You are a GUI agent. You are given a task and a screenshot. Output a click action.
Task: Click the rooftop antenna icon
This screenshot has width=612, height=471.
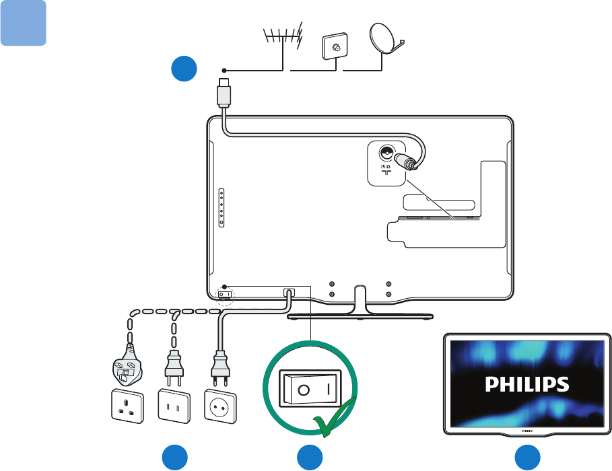coord(282,39)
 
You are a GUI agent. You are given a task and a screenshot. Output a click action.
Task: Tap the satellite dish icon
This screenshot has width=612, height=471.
coord(386,41)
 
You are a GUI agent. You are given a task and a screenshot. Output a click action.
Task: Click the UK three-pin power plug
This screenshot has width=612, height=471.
coord(127,369)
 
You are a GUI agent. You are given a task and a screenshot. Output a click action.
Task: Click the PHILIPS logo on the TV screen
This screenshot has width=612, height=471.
coord(528,384)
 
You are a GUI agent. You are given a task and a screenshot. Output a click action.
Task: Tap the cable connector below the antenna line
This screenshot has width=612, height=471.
coord(224,95)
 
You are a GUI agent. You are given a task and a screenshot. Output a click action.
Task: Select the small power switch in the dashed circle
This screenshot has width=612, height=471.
coord(225,294)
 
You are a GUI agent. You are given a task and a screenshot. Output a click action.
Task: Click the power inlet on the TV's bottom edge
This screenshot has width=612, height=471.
coord(289,293)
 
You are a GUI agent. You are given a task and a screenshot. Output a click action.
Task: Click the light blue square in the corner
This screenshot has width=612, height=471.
coord(23,23)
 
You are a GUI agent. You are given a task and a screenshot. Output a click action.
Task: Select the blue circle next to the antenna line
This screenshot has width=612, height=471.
coord(183,70)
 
